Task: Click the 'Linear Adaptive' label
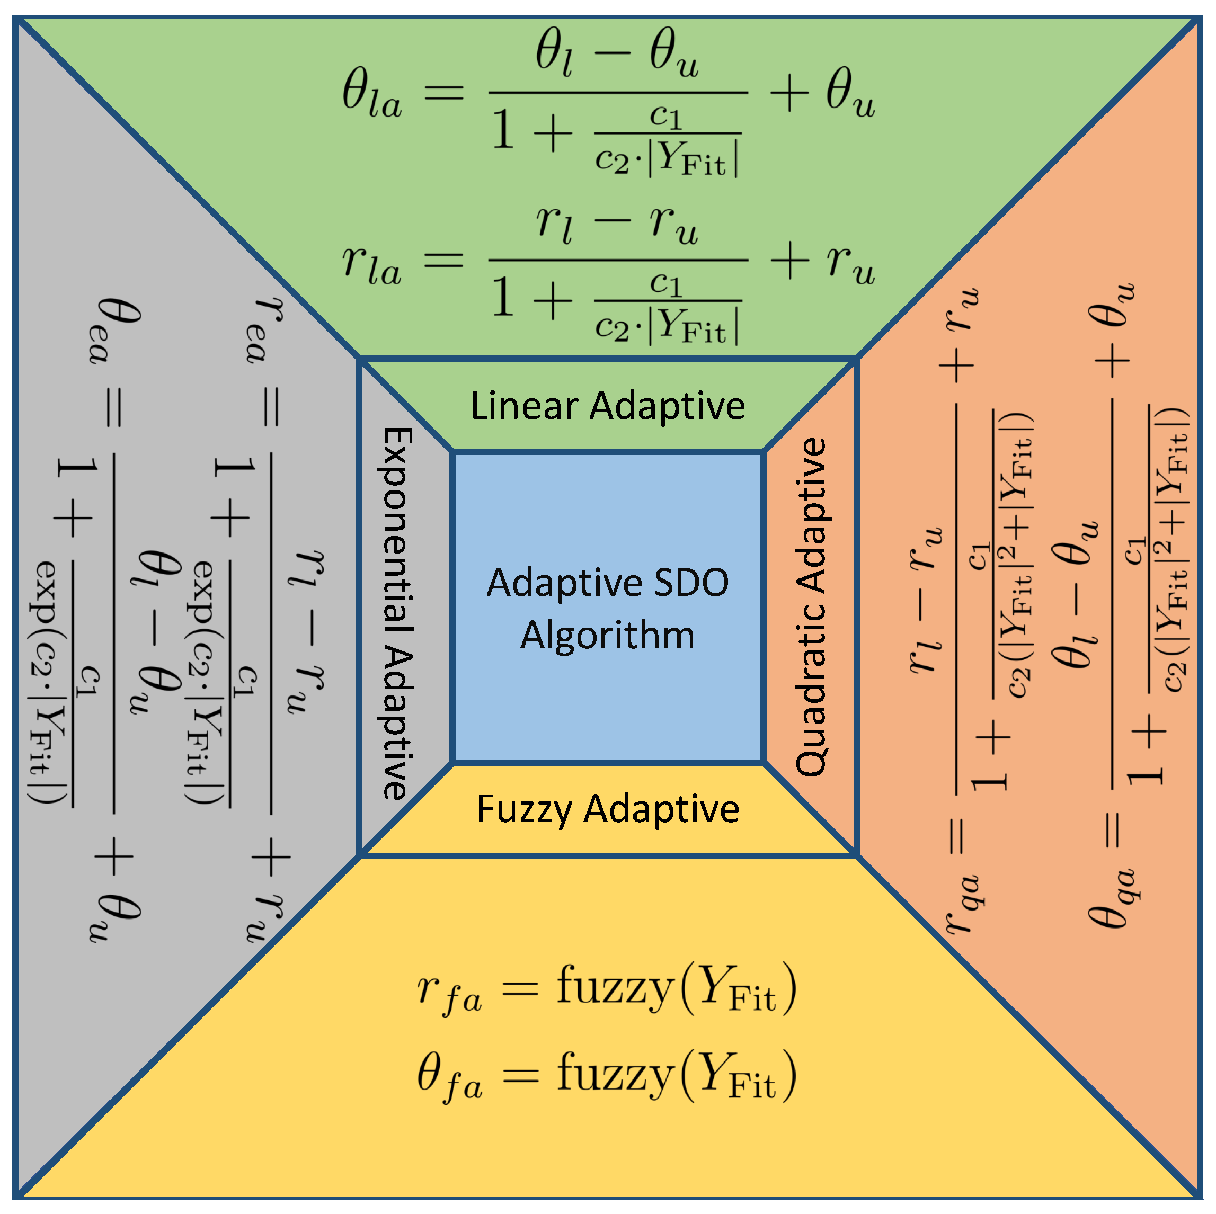[x=607, y=406]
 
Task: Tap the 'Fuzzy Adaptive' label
[x=607, y=809]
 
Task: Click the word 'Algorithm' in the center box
[x=607, y=636]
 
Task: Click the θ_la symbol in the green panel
[x=371, y=94]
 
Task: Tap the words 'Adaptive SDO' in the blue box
[x=607, y=583]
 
